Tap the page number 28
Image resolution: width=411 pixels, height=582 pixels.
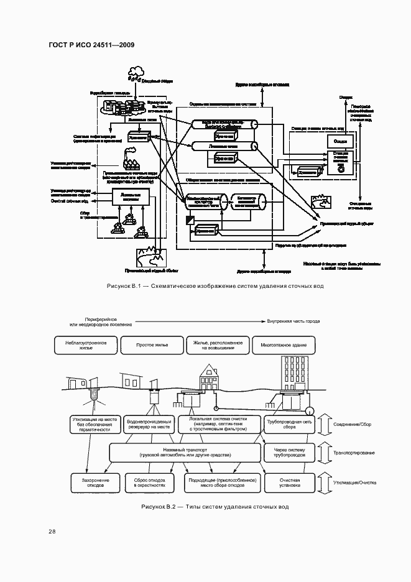point(52,530)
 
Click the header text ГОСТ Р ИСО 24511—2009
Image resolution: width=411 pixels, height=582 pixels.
point(91,45)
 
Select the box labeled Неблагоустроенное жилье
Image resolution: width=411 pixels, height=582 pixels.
point(86,345)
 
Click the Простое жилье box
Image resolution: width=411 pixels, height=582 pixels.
point(151,345)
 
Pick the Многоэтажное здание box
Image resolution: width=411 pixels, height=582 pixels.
point(283,345)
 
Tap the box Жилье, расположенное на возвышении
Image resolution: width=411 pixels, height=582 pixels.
point(216,345)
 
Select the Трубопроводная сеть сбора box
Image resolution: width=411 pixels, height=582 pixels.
point(289,425)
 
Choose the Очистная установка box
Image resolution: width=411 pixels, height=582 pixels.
point(289,483)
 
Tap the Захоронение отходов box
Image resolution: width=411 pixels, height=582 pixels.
point(86,483)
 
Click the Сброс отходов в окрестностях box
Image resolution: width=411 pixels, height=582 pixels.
point(151,483)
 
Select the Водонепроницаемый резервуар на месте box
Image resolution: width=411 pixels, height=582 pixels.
point(151,425)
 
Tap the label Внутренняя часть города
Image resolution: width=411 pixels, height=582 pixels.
point(293,321)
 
